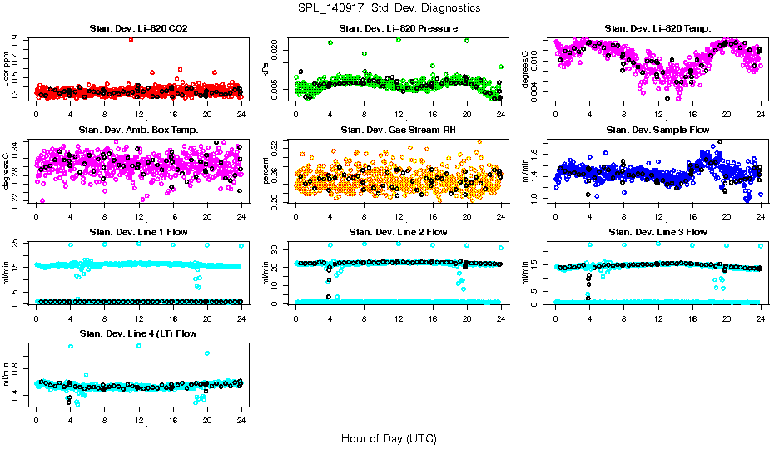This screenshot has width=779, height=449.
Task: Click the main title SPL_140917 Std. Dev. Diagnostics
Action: pyautogui.click(x=388, y=7)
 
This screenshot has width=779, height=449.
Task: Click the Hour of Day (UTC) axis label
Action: pyautogui.click(x=388, y=437)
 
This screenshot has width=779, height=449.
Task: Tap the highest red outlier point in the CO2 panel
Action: pyautogui.click(x=131, y=39)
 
